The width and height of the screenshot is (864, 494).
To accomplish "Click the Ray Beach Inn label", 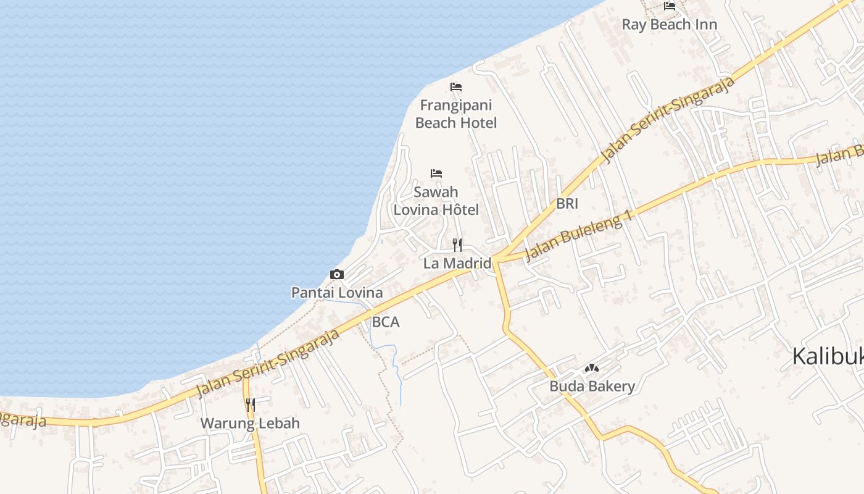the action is pyautogui.click(x=669, y=25).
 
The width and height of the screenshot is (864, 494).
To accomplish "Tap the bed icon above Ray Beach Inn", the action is pyautogui.click(x=670, y=7).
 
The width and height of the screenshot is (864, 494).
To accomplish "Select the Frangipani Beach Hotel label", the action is pyautogui.click(x=456, y=114).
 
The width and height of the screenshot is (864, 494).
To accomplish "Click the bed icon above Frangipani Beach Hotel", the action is pyautogui.click(x=456, y=87).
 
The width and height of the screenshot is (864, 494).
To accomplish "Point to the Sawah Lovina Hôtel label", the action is pyautogui.click(x=436, y=201).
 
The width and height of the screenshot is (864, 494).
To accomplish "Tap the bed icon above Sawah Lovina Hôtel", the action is pyautogui.click(x=436, y=174).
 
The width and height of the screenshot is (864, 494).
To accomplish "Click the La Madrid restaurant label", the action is pyautogui.click(x=457, y=263).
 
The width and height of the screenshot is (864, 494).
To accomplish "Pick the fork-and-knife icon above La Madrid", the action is pyautogui.click(x=457, y=245).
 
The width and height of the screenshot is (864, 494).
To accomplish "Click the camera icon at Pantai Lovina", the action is pyautogui.click(x=337, y=274).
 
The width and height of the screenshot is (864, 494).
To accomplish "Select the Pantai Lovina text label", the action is pyautogui.click(x=337, y=293).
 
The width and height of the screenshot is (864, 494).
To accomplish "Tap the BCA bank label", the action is pyautogui.click(x=386, y=322).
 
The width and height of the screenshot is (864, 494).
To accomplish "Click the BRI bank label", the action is pyautogui.click(x=567, y=204).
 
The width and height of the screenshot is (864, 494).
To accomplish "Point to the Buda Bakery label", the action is pyautogui.click(x=592, y=387).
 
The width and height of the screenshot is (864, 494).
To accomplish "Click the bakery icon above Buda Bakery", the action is pyautogui.click(x=592, y=368).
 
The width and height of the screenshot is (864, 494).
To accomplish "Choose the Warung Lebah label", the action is pyautogui.click(x=250, y=424).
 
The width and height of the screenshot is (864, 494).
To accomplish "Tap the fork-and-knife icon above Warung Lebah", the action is pyautogui.click(x=250, y=405).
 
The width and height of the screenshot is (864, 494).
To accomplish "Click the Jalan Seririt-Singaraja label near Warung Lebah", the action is pyautogui.click(x=268, y=364).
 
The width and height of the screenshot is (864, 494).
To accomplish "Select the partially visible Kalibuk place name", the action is pyautogui.click(x=827, y=357).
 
